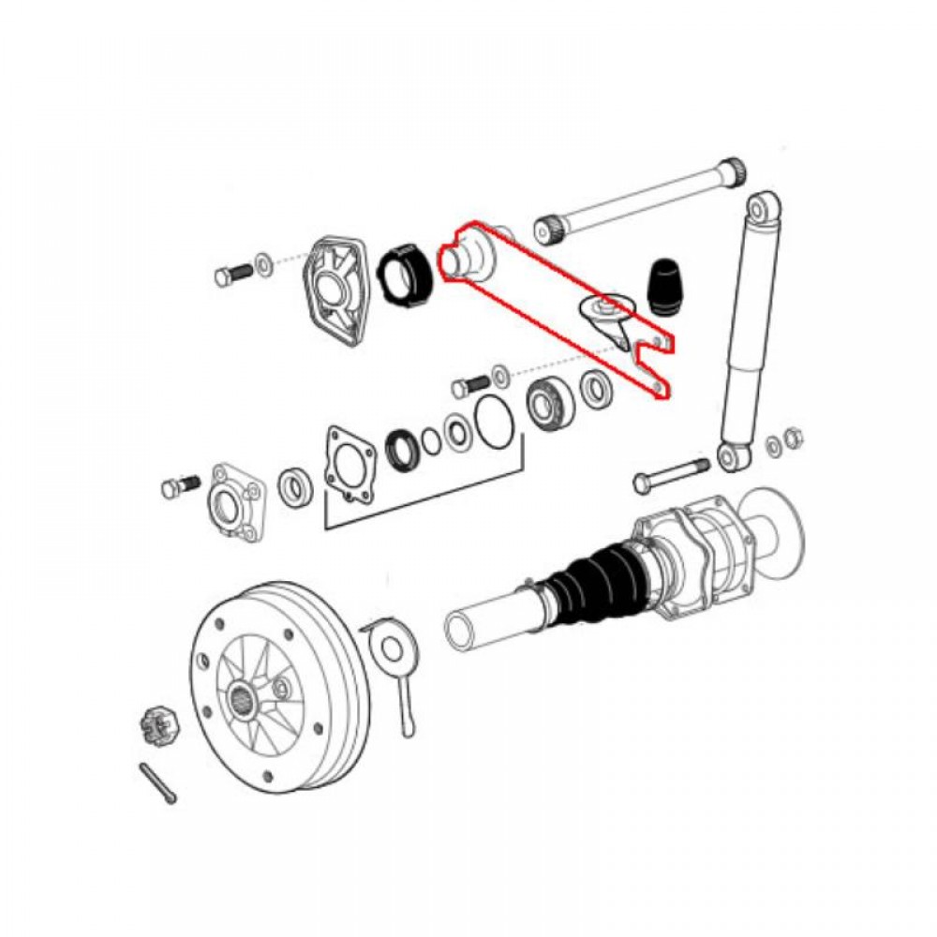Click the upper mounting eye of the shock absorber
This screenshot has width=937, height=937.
[765, 206]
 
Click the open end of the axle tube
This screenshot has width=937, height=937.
[462, 627]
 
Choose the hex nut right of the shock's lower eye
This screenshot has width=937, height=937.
[792, 437]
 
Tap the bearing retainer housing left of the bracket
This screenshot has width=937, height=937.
[232, 500]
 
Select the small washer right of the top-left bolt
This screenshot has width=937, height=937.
[264, 260]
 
